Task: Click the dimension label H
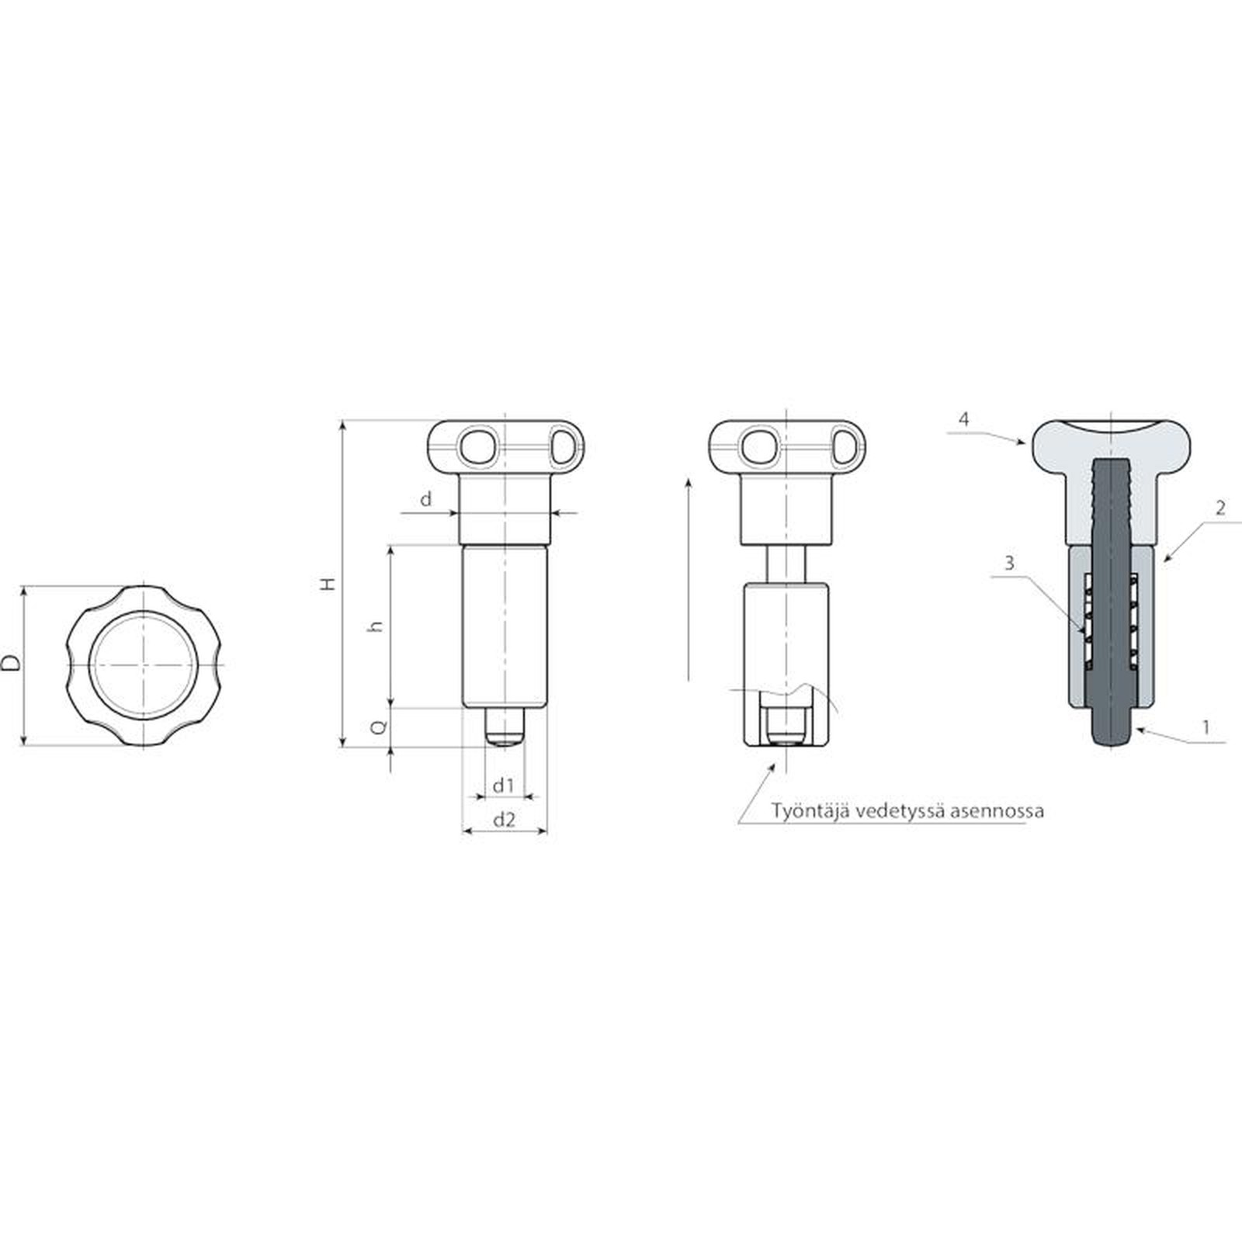pyautogui.click(x=330, y=584)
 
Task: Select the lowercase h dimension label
pyautogui.click(x=377, y=626)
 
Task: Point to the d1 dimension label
pyautogui.click(x=504, y=786)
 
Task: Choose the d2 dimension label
pyautogui.click(x=505, y=819)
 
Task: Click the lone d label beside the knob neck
pyautogui.click(x=425, y=499)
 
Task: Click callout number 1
pyautogui.click(x=1206, y=727)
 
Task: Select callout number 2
pyautogui.click(x=1220, y=508)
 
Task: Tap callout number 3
pyautogui.click(x=1009, y=563)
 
